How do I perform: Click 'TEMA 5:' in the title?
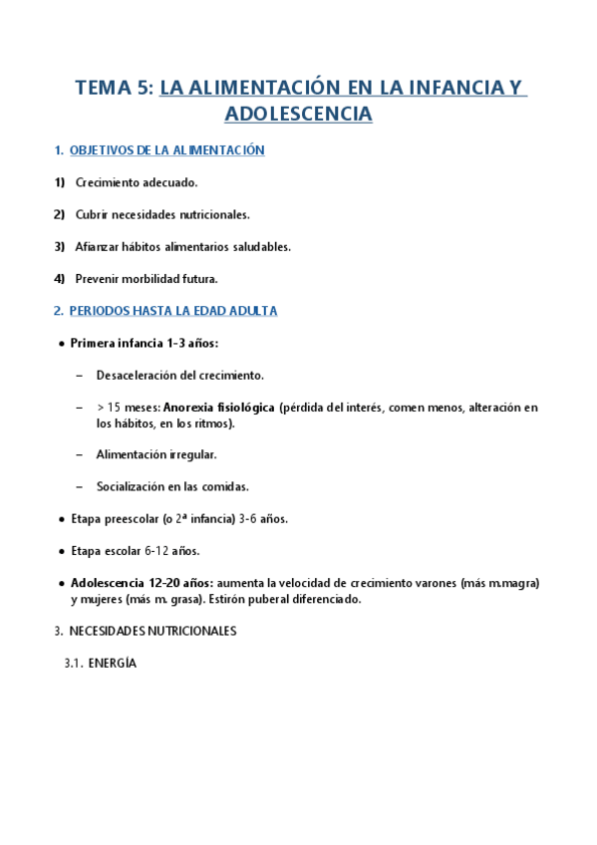pos(115,88)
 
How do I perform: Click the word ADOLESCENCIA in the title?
pos(299,114)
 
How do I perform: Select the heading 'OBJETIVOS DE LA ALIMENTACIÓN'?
pos(167,150)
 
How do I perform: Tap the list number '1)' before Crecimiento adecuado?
pos(59,182)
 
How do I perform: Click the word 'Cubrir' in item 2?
pos(93,214)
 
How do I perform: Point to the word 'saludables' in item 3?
pos(258,246)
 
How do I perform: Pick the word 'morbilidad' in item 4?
pos(151,278)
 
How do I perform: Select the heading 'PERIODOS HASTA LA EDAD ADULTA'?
pos(173,311)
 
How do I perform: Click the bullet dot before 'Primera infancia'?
pos(62,344)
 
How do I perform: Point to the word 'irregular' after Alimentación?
pos(191,454)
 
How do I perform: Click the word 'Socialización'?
pos(133,486)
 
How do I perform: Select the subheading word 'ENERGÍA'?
pos(112,663)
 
